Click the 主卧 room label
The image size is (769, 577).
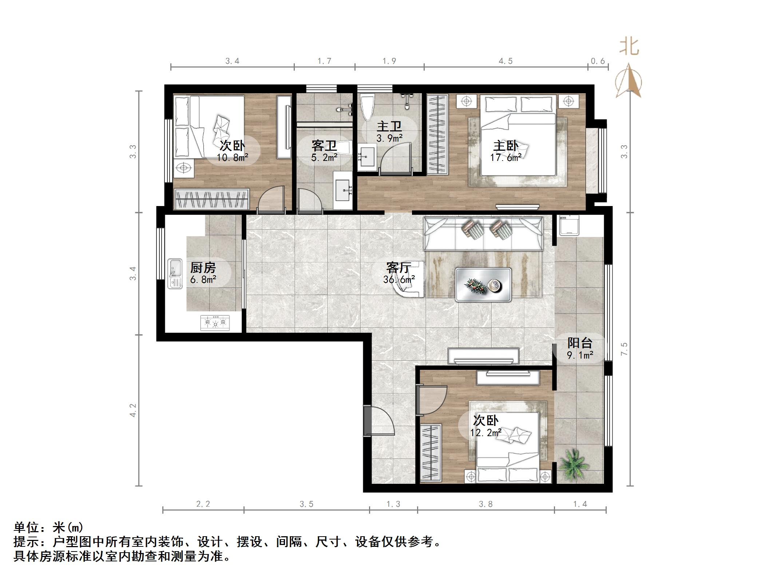coord(506,146)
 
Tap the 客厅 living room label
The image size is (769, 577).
coord(399,268)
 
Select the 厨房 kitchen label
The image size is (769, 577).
coord(203,268)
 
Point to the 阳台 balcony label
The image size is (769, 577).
coord(580,343)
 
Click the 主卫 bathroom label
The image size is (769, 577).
coord(389,126)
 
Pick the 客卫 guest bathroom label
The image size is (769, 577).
coord(324,146)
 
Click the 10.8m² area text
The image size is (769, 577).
coord(233,158)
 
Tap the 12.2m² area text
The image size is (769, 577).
coord(486,432)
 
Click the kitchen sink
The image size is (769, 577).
coord(175,274)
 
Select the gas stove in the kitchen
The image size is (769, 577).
coord(215,323)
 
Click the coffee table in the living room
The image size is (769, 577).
coord(483,285)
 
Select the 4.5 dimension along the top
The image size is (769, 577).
coord(506,61)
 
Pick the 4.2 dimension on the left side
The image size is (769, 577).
coord(133,410)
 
